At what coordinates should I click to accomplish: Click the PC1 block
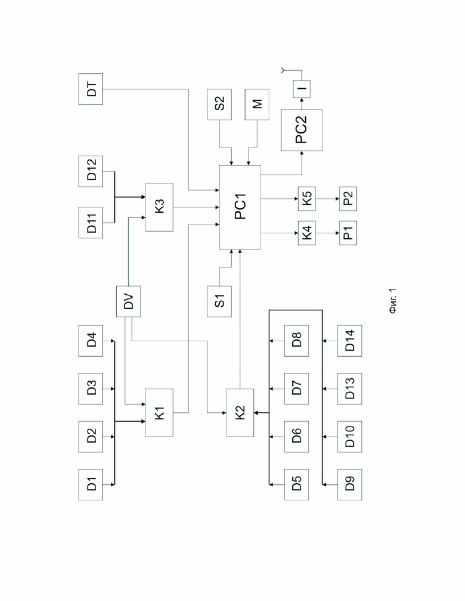240,207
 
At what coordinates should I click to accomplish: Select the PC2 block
302,130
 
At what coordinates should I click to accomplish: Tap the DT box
91,89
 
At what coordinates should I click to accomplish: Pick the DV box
129,301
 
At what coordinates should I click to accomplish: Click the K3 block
159,207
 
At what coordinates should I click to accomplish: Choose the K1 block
159,413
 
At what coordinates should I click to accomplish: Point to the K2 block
240,413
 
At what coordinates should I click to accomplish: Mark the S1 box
219,301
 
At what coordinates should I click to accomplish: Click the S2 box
219,104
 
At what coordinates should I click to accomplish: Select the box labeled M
257,104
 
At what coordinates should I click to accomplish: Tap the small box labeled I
302,89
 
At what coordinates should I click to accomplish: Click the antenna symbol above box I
283,70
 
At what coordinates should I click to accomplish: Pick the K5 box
307,198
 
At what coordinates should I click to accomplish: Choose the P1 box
348,233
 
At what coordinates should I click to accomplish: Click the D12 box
91,172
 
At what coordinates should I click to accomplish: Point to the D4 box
91,341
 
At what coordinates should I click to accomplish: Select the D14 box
349,341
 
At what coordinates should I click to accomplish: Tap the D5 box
296,484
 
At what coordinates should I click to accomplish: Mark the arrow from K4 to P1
328,233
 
